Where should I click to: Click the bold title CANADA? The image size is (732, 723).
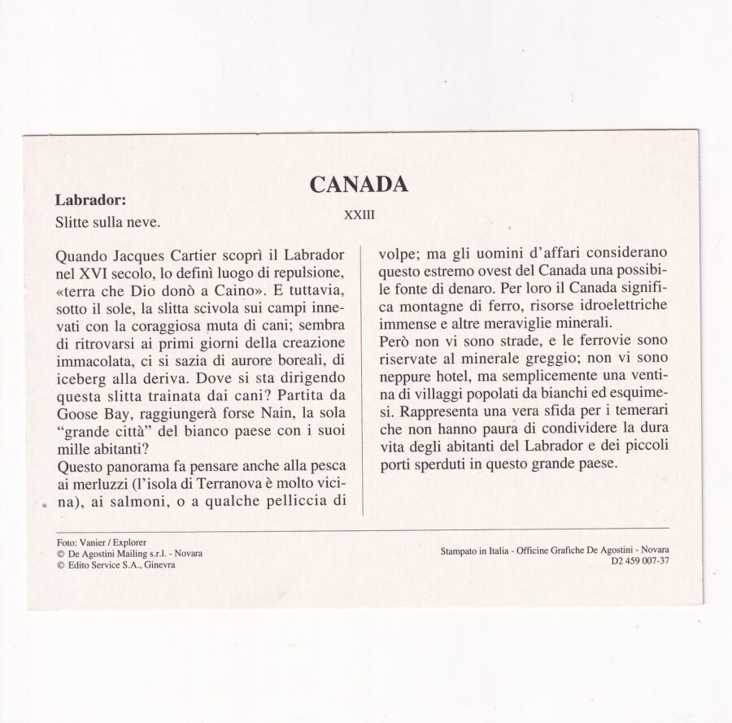click(359, 184)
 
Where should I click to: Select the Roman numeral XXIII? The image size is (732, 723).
click(359, 215)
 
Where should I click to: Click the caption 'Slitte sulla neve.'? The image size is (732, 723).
click(107, 221)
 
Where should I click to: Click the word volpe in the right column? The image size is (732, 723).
click(399, 254)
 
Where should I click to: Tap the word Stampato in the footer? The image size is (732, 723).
click(464, 551)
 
